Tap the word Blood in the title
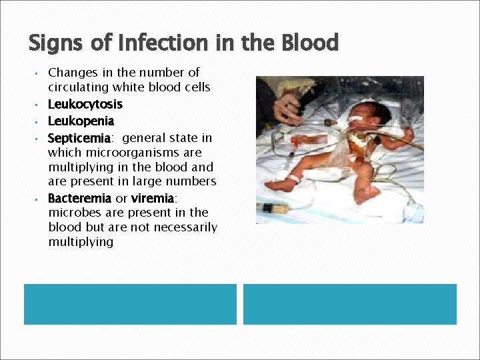[310, 43]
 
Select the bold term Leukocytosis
[85, 105]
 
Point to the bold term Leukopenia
[81, 121]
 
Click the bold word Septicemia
[79, 138]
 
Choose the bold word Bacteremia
[79, 199]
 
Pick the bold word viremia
[153, 199]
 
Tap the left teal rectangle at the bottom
[130, 304]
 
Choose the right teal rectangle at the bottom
[350, 304]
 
